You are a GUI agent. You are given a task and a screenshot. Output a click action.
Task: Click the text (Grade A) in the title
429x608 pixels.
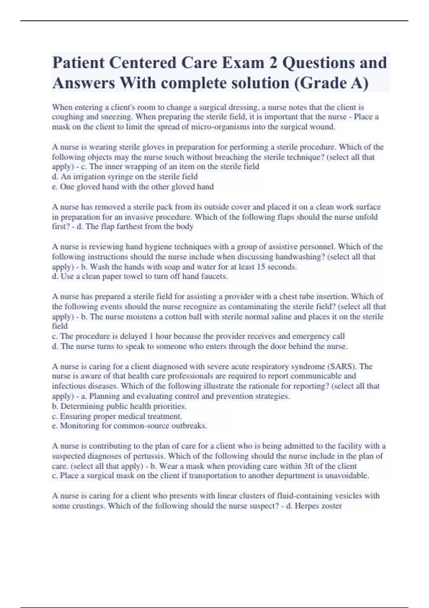pos(331,83)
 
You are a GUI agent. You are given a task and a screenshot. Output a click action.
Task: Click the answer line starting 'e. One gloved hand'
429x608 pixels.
pos(133,187)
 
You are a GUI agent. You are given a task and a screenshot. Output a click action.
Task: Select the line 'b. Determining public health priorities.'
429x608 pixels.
pos(119,406)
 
